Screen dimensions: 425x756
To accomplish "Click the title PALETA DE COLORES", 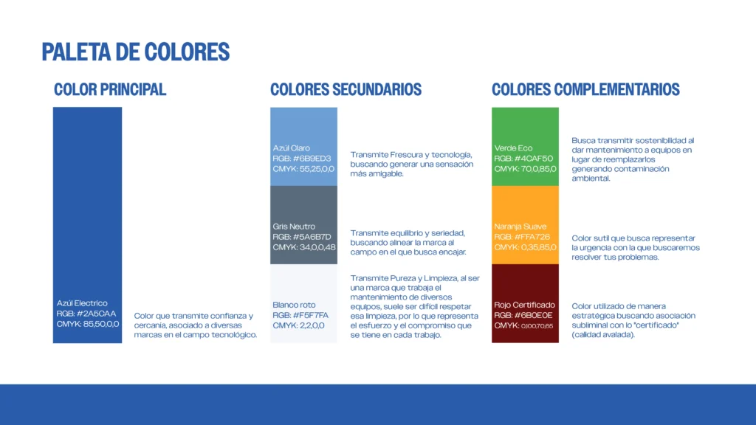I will (135, 52).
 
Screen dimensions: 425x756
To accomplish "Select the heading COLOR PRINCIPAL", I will (110, 90).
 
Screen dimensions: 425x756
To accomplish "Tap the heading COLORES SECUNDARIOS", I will (346, 90).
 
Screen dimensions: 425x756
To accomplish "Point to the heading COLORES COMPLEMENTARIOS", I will (585, 90).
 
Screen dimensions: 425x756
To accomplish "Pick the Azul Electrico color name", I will (82, 303).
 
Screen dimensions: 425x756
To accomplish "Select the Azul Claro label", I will (291, 148).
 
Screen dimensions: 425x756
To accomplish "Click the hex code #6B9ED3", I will (313, 159).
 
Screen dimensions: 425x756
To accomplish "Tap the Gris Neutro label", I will (294, 227).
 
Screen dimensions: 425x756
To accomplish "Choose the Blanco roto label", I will (294, 305).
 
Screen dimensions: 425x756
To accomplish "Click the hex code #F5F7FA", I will (312, 315).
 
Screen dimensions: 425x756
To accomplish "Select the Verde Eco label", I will (513, 148).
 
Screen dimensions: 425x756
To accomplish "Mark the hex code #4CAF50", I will (534, 159).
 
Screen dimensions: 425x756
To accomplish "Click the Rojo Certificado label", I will (524, 305).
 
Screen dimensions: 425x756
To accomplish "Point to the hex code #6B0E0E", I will (533, 315).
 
